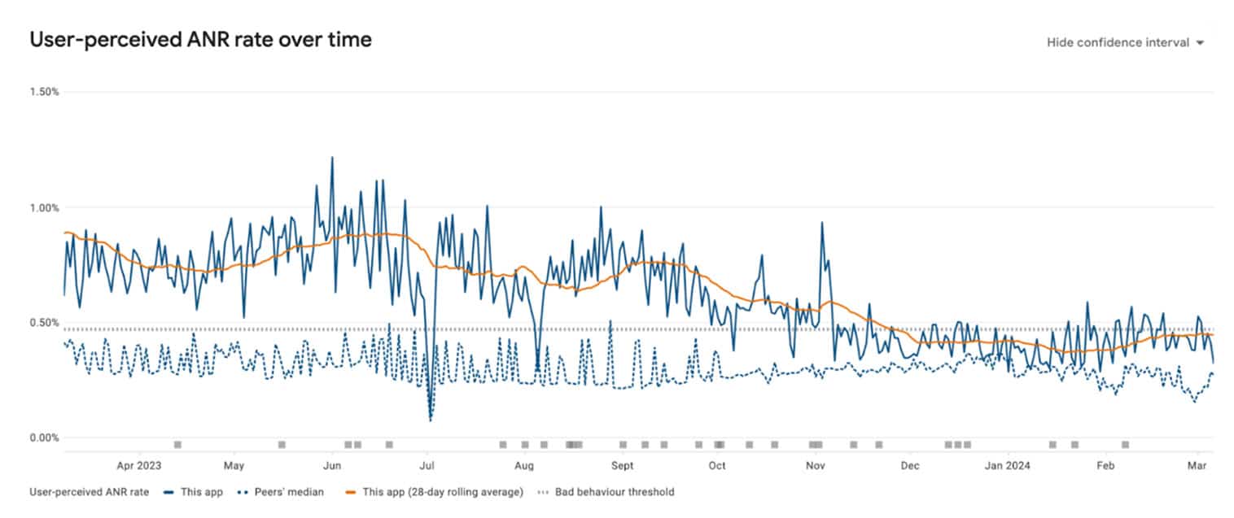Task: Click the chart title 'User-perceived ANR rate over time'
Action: pos(200,39)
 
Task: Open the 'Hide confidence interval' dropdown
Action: pos(1124,42)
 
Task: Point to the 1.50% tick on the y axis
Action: pos(45,92)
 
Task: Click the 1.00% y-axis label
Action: pos(45,207)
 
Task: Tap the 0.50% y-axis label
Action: pos(45,323)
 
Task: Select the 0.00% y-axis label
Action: pos(45,438)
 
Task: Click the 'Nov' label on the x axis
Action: pos(816,466)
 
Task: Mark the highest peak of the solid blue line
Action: pos(331,157)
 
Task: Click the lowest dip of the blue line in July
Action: pos(430,420)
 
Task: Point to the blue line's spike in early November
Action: pos(822,222)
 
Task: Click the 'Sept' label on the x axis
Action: pos(623,466)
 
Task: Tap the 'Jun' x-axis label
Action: pos(331,466)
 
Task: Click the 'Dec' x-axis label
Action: pos(910,466)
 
